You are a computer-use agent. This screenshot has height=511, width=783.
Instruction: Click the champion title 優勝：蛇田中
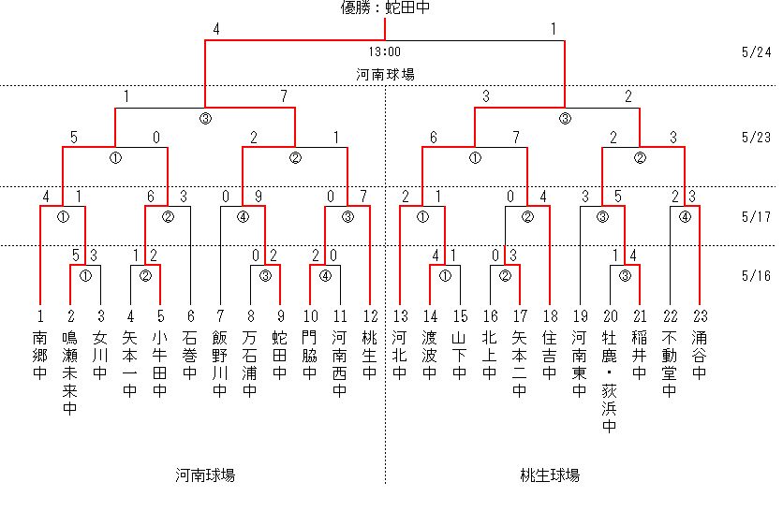coord(385,7)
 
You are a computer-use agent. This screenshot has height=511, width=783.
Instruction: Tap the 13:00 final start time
coord(385,51)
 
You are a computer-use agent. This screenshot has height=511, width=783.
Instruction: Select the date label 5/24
coord(756,51)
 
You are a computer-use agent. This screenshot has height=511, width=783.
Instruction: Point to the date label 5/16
coord(756,275)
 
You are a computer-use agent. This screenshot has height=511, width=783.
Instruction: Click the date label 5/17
coord(756,216)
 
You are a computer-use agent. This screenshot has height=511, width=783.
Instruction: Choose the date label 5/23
coord(756,137)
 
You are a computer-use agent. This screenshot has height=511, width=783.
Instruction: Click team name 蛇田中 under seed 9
coord(280,356)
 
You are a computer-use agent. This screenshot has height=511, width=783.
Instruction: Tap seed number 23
coord(700,316)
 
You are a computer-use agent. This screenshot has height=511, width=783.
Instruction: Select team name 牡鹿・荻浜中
coord(609,381)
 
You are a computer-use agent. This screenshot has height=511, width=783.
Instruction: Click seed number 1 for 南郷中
coord(40,316)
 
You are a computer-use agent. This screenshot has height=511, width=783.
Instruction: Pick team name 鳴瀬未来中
coord(70,372)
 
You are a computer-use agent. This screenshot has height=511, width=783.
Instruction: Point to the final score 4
coord(216,29)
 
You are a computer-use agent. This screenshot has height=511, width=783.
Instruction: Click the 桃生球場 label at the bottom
coord(549,475)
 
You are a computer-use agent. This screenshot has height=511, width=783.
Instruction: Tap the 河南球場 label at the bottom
coord(205,475)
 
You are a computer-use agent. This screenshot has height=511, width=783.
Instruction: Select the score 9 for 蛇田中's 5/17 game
coord(259,197)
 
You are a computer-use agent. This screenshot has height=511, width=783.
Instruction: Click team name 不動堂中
coord(669,364)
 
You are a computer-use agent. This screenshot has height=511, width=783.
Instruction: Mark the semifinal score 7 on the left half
coord(284,95)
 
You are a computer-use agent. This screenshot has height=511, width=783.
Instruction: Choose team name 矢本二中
coord(519,364)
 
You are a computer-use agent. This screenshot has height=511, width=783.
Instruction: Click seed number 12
coord(370,316)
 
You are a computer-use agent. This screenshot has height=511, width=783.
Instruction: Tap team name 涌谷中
coord(699,356)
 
